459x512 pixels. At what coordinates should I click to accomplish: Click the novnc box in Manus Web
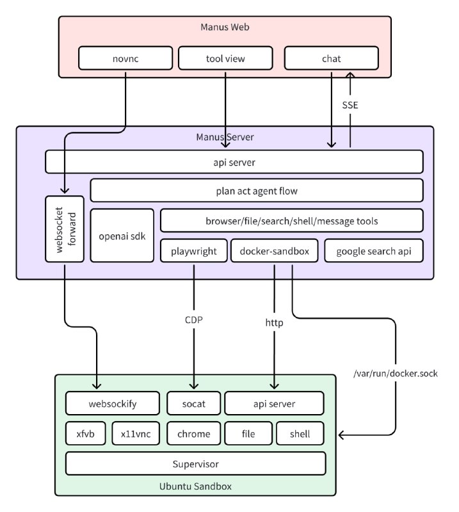point(125,59)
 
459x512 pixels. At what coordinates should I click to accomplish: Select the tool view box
point(225,59)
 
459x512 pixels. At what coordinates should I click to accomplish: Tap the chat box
point(331,59)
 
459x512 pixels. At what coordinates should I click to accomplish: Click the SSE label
point(350,104)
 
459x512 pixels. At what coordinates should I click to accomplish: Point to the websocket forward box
point(65,228)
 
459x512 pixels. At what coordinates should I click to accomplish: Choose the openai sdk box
point(122,236)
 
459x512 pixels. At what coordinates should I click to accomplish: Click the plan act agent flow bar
point(257,191)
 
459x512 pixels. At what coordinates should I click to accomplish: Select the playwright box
point(193,252)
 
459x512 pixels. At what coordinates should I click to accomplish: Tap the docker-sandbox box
point(274,252)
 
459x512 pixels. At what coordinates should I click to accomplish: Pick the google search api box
point(374,252)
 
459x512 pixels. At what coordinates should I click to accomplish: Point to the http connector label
point(274,323)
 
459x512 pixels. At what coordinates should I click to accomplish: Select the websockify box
point(113,404)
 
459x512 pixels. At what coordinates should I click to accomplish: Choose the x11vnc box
point(136,434)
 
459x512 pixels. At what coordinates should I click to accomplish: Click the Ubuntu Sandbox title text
point(195,486)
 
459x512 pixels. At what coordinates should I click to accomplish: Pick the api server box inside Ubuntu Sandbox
point(274,404)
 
